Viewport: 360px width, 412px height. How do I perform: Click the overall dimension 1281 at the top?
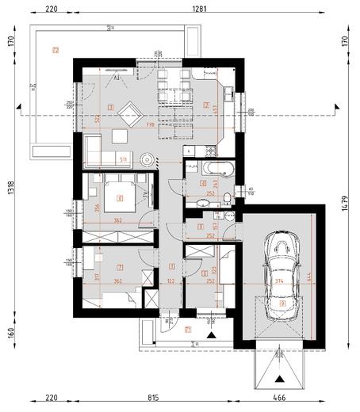(x=194, y=10)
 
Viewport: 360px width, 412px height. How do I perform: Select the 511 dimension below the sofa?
(x=123, y=159)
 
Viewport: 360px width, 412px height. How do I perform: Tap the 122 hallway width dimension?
(x=172, y=280)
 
